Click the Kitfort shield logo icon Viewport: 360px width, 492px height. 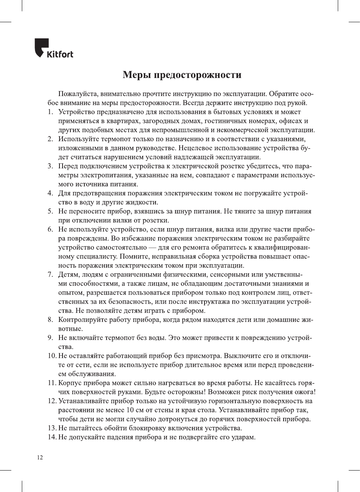click(x=41, y=47)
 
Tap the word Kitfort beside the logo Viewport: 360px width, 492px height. click(x=60, y=54)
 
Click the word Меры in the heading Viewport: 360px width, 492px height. click(x=137, y=75)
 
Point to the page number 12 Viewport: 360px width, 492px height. click(x=40, y=457)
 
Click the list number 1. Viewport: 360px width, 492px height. click(x=50, y=112)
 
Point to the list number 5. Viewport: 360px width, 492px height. click(x=50, y=211)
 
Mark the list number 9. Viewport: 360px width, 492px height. click(x=50, y=338)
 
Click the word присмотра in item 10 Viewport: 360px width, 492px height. click(x=204, y=356)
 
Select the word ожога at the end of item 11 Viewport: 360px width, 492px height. click(x=304, y=392)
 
